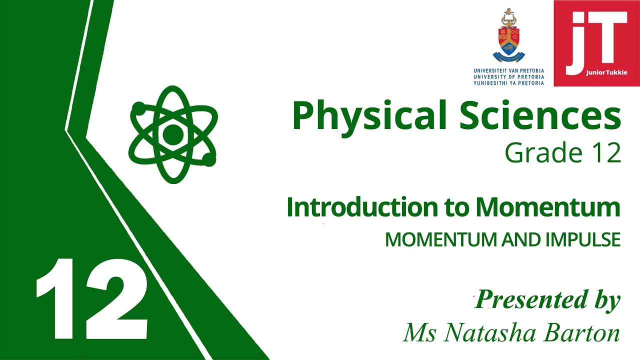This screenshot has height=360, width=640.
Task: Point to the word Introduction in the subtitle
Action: point(362,207)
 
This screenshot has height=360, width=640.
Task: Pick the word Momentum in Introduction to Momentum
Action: point(548,207)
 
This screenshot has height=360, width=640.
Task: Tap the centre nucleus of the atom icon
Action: point(173,134)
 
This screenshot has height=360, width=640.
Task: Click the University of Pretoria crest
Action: point(508,35)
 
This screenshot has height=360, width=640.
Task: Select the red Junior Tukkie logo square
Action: point(596,43)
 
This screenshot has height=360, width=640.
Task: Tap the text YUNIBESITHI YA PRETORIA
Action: point(509,83)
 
